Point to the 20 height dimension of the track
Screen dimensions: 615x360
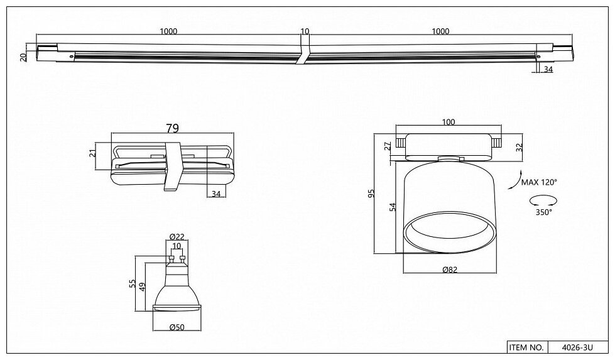pos(23,57)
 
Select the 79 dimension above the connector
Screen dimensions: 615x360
pos(172,128)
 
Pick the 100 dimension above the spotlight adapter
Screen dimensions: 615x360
pos(448,123)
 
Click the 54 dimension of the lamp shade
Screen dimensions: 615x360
pos(393,208)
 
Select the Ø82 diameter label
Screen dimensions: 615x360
pos(449,270)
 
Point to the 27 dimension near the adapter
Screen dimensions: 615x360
pos(388,146)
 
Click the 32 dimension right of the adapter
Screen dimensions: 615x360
pos(520,148)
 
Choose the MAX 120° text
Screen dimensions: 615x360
pos(539,182)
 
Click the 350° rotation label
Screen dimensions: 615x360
pos(544,212)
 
